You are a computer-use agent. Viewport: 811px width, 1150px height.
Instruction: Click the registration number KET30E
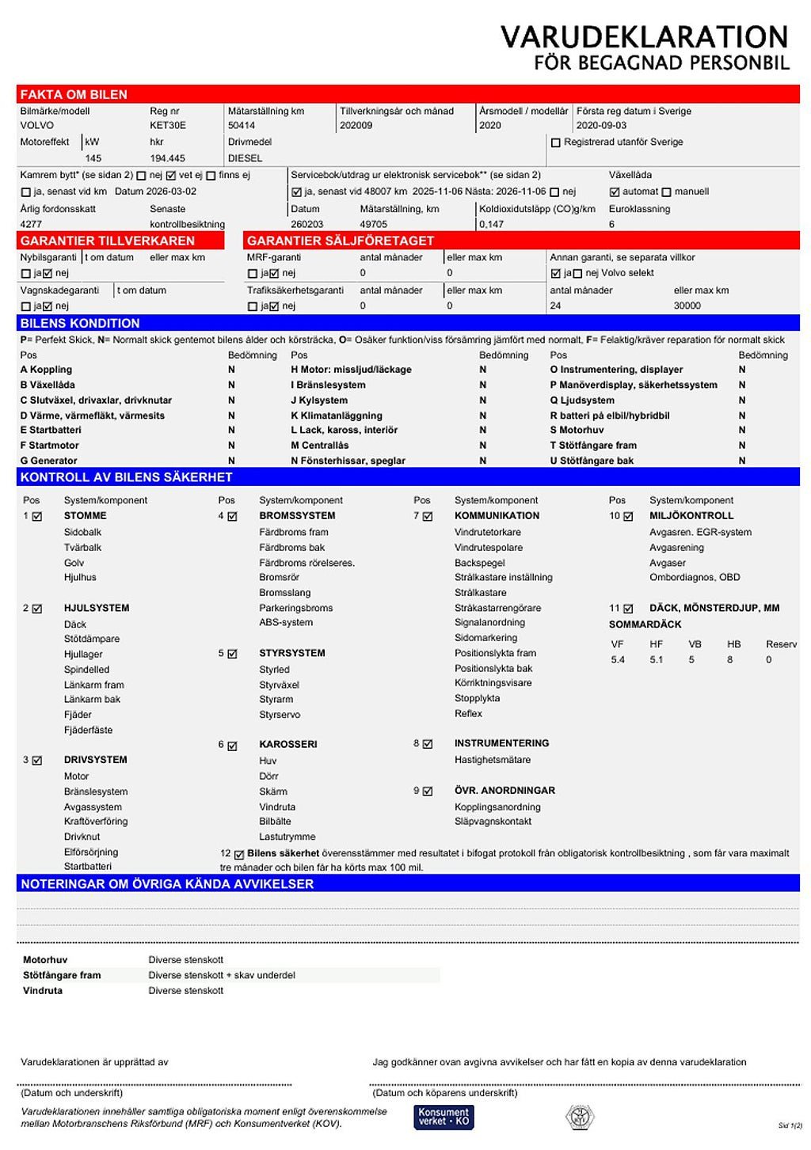168,125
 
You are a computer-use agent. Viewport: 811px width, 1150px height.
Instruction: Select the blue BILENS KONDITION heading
80,323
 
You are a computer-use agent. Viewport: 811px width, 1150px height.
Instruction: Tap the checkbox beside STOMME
37,517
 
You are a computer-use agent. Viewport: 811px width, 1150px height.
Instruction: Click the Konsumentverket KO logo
444,1117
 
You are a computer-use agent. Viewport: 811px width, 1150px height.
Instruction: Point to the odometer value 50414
242,125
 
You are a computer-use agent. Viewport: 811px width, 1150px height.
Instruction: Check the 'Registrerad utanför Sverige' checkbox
555,142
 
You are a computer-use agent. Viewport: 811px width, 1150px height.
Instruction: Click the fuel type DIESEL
245,158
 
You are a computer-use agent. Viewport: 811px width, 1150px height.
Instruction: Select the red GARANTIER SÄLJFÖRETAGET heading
341,241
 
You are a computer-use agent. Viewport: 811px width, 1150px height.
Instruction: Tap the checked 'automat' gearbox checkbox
615,192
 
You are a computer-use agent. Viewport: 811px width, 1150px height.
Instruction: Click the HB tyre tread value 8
729,659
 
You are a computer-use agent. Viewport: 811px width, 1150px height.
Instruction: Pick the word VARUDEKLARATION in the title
644,36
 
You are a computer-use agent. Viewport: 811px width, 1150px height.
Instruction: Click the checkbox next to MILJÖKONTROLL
628,517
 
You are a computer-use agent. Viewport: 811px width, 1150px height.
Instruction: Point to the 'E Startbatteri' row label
51,430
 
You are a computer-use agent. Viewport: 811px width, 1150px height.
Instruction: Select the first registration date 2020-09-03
601,125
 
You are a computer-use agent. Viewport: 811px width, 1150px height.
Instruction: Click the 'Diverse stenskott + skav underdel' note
222,975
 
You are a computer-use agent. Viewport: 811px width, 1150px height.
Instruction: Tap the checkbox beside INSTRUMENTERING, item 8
428,744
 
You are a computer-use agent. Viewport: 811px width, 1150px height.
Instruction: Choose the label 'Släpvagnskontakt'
493,822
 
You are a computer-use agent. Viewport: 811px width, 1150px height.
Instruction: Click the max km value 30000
687,306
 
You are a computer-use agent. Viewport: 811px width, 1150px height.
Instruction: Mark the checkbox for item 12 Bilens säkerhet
239,854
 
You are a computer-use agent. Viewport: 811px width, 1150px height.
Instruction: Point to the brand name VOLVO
37,125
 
